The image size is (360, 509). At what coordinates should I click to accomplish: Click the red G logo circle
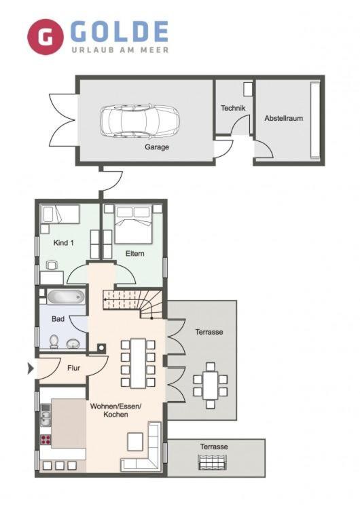coord(45,37)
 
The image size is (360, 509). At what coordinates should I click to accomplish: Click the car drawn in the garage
coord(140,120)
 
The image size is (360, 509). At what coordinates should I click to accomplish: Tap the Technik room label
coord(233,108)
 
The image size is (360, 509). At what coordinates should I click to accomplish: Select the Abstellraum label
coord(284,118)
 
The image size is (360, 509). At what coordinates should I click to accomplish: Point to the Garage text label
coord(157,147)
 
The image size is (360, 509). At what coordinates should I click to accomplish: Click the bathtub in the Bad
coord(66,297)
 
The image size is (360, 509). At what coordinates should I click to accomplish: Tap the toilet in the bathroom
coord(54,341)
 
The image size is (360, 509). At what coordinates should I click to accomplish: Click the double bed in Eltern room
coord(134,224)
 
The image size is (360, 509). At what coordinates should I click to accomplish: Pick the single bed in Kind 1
coord(60,214)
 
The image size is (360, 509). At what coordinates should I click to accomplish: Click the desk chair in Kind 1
coord(52,265)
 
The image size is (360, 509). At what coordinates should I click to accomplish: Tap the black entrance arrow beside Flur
coord(31,369)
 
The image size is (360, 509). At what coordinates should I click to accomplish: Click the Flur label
coord(74,368)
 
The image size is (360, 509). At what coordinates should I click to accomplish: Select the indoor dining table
coord(138,363)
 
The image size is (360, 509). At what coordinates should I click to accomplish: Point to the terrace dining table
coord(211,385)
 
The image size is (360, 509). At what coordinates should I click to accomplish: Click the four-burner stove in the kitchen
coord(46,440)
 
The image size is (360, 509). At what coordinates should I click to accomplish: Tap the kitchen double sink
coord(46,419)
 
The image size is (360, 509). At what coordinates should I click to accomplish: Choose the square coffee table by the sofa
coord(135,442)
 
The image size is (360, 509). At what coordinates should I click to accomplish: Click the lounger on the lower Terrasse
coord(213,462)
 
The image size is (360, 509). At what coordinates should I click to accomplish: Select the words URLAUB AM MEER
coord(120,50)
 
